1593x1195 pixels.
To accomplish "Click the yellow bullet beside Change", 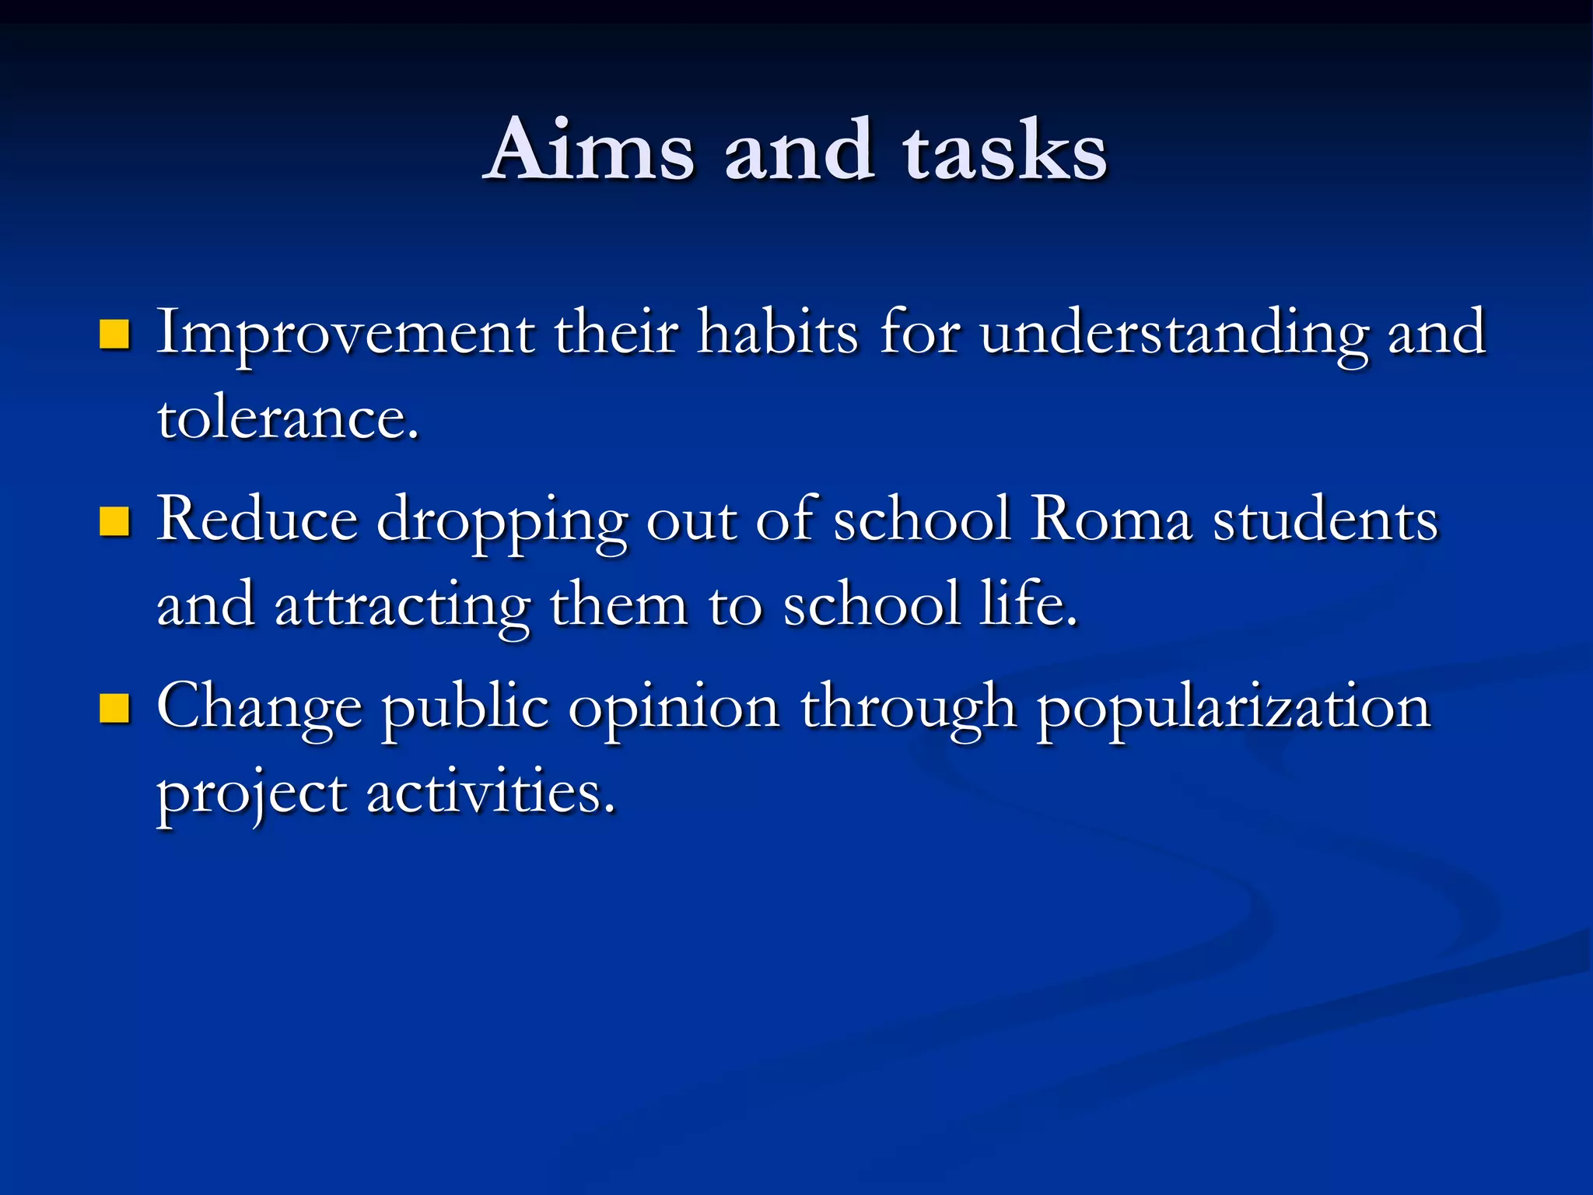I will click(x=114, y=708).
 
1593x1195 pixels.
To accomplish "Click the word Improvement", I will click(x=345, y=333).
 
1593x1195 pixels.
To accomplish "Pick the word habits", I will click(x=778, y=333).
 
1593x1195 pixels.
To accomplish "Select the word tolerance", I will click(x=288, y=419).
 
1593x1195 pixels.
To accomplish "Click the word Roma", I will click(x=1111, y=520).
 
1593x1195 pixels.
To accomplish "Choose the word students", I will click(x=1325, y=520).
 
